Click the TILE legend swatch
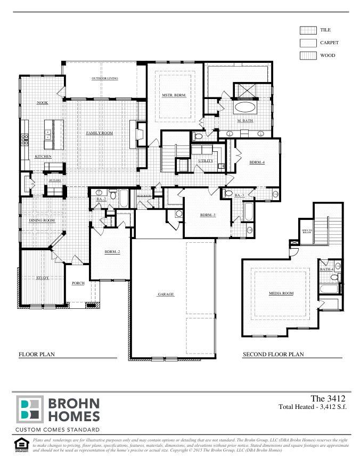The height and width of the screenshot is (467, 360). (308, 30)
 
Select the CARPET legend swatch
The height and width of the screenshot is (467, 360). (308, 43)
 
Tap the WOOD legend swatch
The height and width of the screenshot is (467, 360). (308, 55)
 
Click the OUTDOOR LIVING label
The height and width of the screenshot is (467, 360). (104, 78)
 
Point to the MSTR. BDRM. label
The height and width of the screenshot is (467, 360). (174, 95)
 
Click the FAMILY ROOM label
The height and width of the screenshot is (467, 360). (100, 133)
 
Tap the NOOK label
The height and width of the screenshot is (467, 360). (43, 102)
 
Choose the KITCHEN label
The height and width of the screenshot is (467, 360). (43, 157)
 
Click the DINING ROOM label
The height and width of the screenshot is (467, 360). (42, 220)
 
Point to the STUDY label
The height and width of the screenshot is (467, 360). (43, 277)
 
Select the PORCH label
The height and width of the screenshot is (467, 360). (78, 283)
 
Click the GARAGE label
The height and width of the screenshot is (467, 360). (166, 294)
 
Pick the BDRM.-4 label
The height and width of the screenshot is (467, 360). (257, 162)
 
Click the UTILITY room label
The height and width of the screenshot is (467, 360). (206, 160)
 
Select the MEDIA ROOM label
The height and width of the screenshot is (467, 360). (281, 293)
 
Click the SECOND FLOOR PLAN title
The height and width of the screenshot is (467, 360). (273, 354)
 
